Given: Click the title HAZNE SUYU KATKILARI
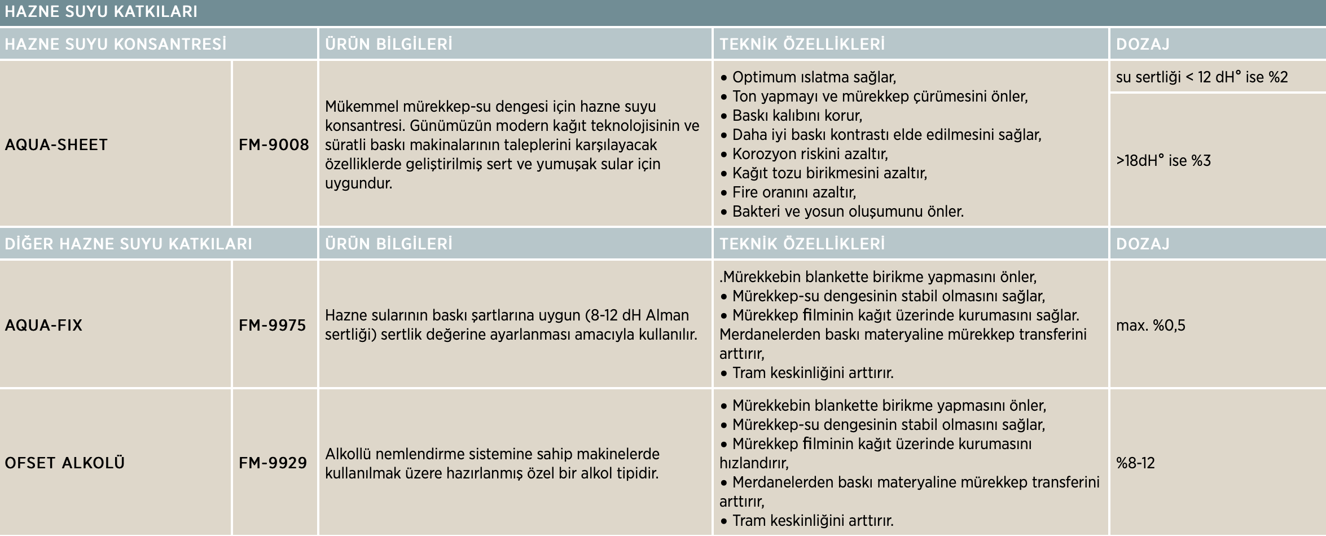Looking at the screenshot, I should tap(101, 12).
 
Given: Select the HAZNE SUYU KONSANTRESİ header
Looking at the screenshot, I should tap(115, 44).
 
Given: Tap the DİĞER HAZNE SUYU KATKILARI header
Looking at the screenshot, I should tap(128, 244).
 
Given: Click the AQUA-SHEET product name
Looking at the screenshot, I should tap(56, 144).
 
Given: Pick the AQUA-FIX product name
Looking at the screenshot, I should tap(43, 325).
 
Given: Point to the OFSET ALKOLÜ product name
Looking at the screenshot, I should tap(64, 463).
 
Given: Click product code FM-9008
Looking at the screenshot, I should tap(274, 144).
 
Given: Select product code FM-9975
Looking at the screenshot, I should tap(272, 325).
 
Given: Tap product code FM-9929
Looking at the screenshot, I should tap(273, 463).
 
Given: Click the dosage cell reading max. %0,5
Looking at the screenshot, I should tap(1151, 325).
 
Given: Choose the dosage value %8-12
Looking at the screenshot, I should tap(1135, 463).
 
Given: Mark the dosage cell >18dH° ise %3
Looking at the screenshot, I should tap(1163, 161).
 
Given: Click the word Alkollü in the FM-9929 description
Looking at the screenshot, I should tap(348, 454).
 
